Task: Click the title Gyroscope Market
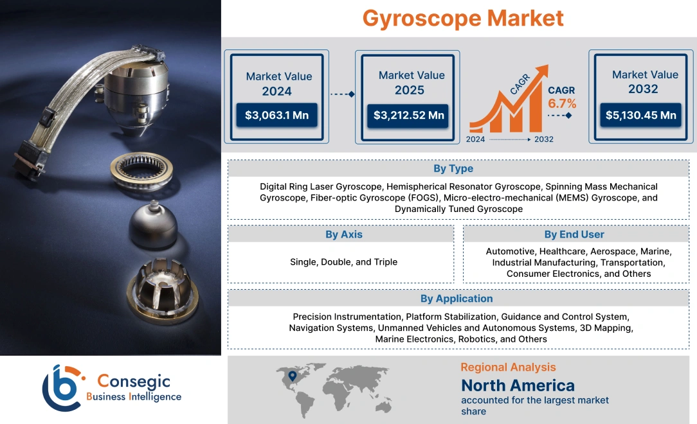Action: (463, 18)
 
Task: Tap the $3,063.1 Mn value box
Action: (276, 116)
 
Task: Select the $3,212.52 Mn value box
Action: (409, 116)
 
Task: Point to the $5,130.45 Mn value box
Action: (641, 115)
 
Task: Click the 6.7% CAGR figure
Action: (562, 103)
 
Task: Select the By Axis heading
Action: (343, 234)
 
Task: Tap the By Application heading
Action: (457, 298)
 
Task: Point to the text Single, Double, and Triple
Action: (343, 261)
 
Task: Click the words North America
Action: (518, 385)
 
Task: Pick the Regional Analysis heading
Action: (508, 367)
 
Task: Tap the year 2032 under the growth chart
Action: (543, 139)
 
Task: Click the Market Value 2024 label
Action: (278, 84)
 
